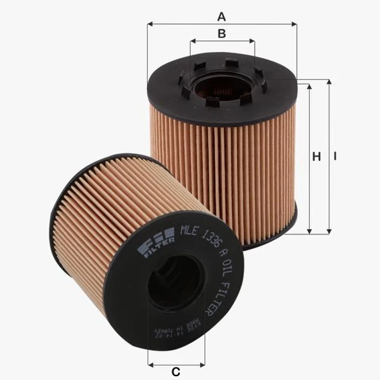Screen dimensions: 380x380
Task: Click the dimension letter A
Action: [x=222, y=15]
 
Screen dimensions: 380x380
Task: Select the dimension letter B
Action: [x=222, y=33]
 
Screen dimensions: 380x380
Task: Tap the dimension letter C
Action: [x=175, y=372]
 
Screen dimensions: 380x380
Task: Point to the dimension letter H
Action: [x=316, y=157]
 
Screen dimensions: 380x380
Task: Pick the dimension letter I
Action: [x=335, y=157]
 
